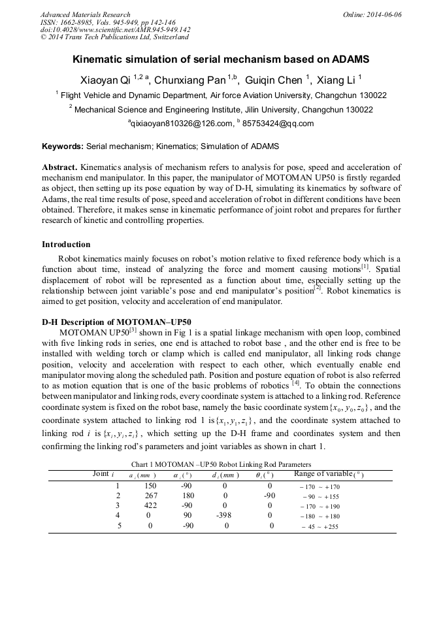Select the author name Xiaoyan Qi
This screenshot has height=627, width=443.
105,80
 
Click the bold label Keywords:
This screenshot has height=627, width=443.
63,146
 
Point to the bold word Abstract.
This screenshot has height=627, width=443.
60,167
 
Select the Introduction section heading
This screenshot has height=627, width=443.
66,245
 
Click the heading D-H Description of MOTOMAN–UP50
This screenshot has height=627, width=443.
116,322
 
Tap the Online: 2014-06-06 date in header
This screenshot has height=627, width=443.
372,14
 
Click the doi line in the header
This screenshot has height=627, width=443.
115,29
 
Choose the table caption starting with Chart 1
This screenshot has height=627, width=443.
221,464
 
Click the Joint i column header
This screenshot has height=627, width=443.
104,474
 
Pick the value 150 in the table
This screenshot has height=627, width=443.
150,486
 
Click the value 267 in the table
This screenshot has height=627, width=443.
150,496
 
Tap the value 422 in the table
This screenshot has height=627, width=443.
150,506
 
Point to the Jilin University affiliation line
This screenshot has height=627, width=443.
221,110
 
